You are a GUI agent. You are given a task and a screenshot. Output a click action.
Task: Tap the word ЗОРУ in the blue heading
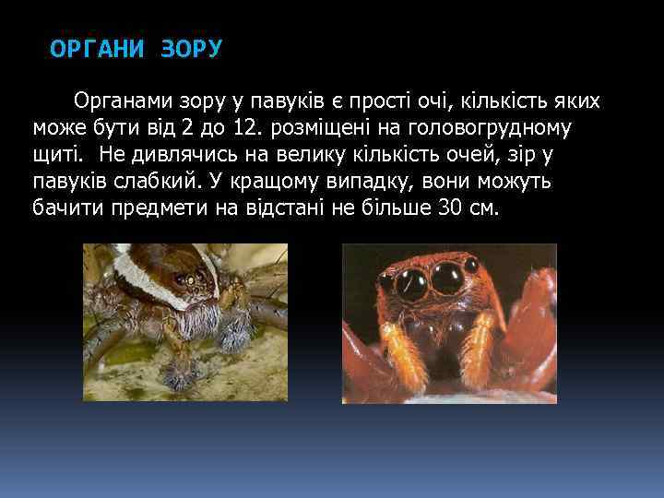pos(191,49)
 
